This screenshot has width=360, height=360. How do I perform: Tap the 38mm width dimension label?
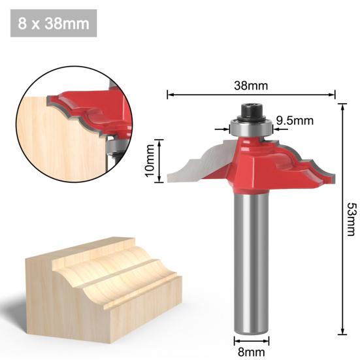click(x=252, y=86)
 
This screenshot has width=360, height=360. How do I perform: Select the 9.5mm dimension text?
click(x=294, y=120)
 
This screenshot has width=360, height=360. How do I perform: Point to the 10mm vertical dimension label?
click(x=150, y=160)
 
